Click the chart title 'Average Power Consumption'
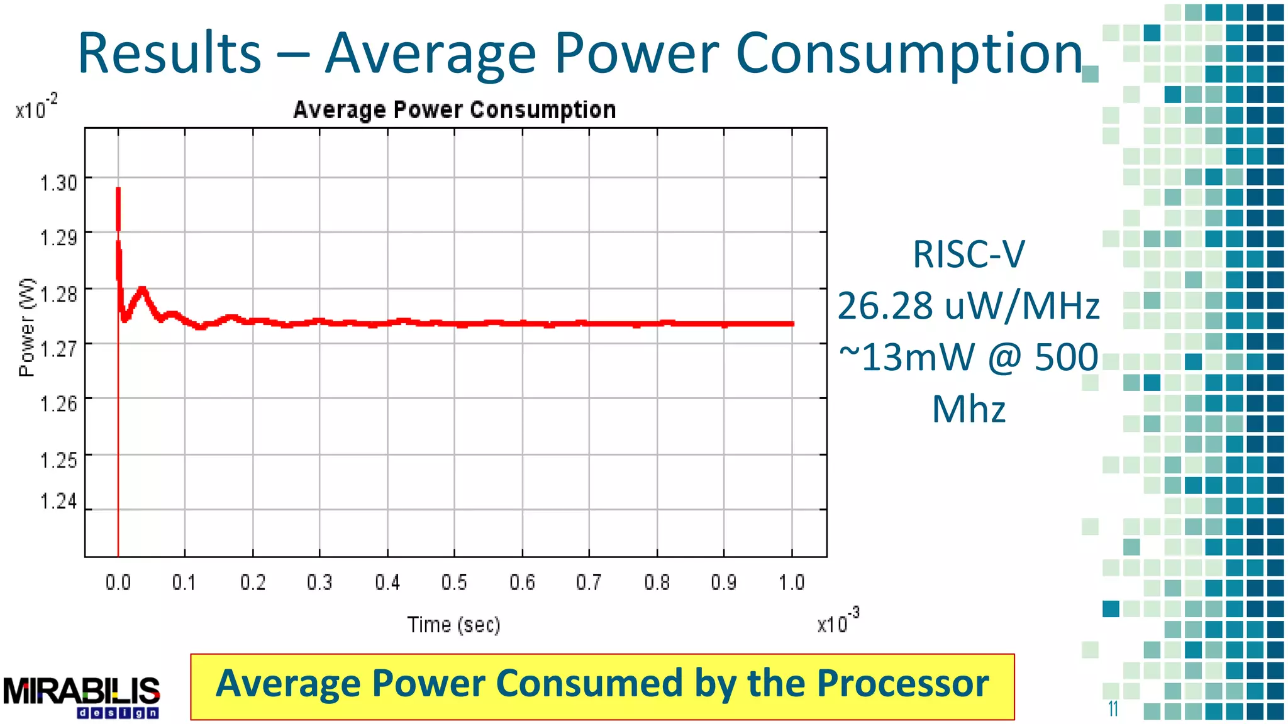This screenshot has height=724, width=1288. (x=454, y=110)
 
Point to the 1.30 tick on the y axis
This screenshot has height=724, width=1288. (x=58, y=183)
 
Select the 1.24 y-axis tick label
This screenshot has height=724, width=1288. (x=58, y=502)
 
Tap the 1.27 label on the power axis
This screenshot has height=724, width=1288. (x=58, y=348)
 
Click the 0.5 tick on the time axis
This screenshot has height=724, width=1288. (x=454, y=583)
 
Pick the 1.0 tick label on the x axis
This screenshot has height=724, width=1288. (x=791, y=583)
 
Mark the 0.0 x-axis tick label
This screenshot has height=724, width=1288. (x=118, y=583)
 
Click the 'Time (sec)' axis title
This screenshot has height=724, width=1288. (x=453, y=625)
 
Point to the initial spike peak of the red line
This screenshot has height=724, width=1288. (x=118, y=189)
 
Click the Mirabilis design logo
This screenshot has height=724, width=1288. (x=82, y=696)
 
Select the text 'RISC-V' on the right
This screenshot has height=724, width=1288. (x=969, y=255)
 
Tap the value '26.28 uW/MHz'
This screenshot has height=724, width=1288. (x=969, y=306)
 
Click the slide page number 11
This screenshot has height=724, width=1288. (x=1113, y=709)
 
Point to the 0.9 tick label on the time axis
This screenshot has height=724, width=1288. (x=724, y=583)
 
